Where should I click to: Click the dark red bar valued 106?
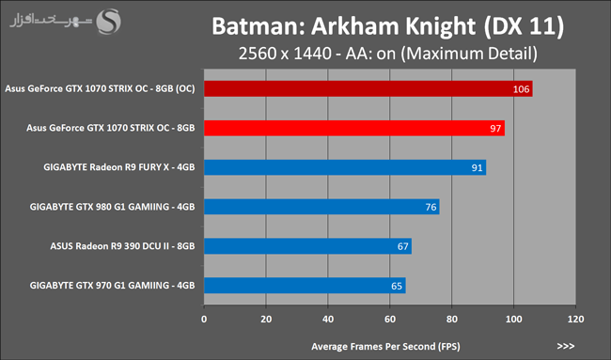(x=368, y=89)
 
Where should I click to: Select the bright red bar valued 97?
(x=354, y=128)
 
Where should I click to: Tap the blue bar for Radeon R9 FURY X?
(x=345, y=167)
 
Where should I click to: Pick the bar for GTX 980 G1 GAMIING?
(x=321, y=207)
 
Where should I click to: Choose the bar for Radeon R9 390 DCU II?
(x=307, y=246)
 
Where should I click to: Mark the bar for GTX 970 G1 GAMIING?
(x=305, y=286)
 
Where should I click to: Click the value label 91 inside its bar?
(x=477, y=168)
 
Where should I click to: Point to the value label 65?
(x=397, y=286)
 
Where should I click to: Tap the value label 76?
(x=431, y=208)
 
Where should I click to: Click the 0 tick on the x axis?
(x=204, y=319)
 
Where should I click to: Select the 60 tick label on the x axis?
(x=390, y=319)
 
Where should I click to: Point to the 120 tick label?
(x=575, y=319)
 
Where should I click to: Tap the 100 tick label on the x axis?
(x=513, y=319)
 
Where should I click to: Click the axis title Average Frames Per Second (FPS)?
(x=385, y=346)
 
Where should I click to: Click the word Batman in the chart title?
(x=258, y=26)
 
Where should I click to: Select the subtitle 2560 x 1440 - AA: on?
(x=317, y=54)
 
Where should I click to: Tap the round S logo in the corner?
(x=109, y=22)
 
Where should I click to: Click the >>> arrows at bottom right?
(x=565, y=346)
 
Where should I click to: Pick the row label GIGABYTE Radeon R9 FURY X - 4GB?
(x=119, y=167)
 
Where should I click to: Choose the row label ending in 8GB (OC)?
(x=100, y=89)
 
